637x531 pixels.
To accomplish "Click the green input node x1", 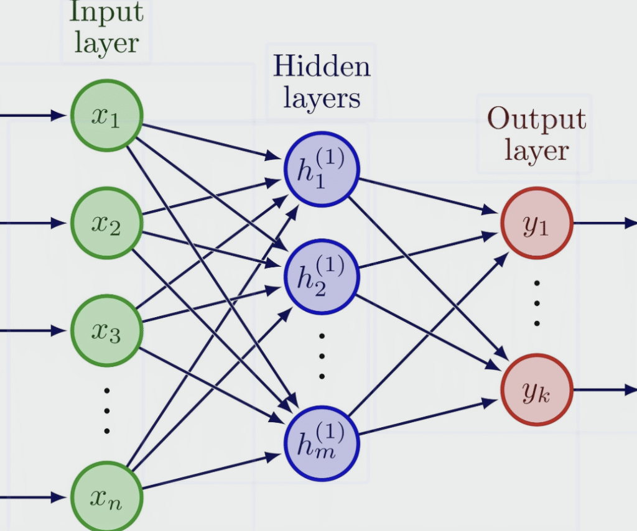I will pyautogui.click(x=107, y=116).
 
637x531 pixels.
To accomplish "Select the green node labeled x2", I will pyautogui.click(x=107, y=223).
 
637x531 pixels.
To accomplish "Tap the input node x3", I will pyautogui.click(x=107, y=330).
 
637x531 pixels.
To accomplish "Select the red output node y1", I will pyautogui.click(x=536, y=223).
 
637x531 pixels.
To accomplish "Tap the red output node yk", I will pyautogui.click(x=536, y=390).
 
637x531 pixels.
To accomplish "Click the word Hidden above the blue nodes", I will pyautogui.click(x=322, y=66).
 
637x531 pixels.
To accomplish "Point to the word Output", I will pyautogui.click(x=536, y=119).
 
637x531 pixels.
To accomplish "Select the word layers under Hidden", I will pyautogui.click(x=322, y=98).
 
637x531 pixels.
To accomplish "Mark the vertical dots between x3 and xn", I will pyautogui.click(x=107, y=410).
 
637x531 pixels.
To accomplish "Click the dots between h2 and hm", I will pyautogui.click(x=322, y=356).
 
